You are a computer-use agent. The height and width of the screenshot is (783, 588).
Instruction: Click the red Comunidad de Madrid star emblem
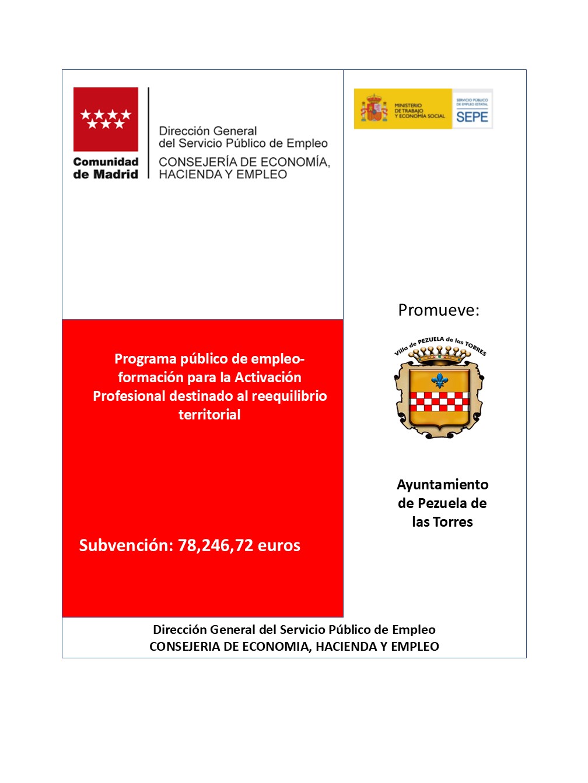tap(106, 119)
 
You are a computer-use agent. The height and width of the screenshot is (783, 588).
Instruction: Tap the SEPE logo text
tap(472, 117)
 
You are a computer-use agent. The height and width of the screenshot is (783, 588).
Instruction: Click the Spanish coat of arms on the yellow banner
tap(374, 109)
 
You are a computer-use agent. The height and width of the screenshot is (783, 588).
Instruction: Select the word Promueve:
tap(439, 310)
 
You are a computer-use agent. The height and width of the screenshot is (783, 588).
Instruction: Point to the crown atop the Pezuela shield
tap(440, 353)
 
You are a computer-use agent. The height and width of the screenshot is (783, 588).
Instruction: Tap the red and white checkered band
tap(440, 401)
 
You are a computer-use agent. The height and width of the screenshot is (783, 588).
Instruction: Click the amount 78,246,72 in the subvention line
tap(215, 545)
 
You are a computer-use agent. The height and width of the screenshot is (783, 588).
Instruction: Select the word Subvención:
tap(126, 545)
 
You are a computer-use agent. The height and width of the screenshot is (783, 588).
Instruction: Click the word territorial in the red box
tap(209, 415)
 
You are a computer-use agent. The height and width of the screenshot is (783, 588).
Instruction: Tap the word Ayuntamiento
tap(443, 485)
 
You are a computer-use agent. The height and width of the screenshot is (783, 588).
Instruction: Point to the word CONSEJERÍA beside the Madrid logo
tap(195, 162)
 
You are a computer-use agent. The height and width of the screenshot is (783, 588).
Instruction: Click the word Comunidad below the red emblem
tap(106, 162)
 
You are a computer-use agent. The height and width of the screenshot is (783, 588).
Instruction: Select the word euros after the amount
tap(279, 545)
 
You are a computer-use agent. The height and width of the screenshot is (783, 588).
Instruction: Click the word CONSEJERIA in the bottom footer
tap(185, 647)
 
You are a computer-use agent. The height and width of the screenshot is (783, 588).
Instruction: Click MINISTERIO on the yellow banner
tap(408, 105)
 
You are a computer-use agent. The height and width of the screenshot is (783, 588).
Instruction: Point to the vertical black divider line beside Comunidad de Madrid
tap(149, 133)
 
